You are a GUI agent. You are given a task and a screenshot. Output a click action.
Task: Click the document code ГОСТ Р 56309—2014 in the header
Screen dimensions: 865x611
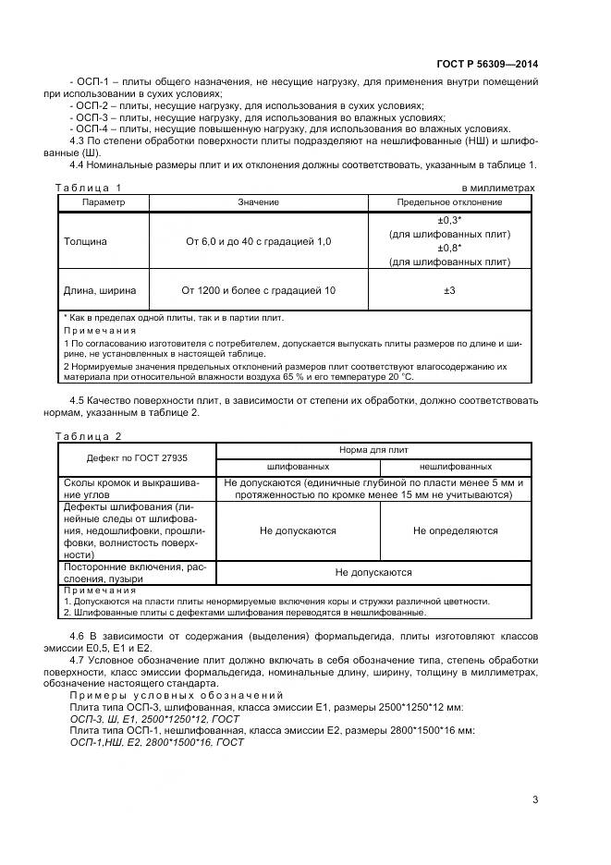pos(486,64)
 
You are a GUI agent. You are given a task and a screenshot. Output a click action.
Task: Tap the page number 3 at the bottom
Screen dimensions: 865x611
pos(534,799)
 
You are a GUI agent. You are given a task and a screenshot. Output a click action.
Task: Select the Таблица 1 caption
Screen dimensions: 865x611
pos(88,188)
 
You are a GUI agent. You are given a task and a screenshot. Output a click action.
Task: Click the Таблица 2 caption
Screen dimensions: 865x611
pos(88,435)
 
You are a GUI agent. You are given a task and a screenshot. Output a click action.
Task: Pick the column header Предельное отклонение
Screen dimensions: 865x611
pos(449,201)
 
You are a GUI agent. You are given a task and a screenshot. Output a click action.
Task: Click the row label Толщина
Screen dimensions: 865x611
pos(84,241)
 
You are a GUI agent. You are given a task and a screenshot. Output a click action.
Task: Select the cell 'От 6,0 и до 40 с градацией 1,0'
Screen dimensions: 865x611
pos(258,241)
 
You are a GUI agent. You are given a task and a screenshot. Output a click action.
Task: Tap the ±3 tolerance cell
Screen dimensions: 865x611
pos(449,290)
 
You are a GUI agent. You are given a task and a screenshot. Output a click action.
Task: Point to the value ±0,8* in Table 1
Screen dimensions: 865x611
pos(449,248)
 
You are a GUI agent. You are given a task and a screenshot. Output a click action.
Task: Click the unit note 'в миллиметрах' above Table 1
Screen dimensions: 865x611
pos(497,188)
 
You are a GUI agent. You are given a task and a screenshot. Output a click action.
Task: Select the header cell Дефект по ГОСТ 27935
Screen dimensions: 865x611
pos(136,457)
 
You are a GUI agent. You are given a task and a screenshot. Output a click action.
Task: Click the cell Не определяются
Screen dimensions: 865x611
pos(455,530)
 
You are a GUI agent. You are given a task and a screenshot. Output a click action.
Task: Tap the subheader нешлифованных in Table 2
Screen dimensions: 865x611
pos(455,467)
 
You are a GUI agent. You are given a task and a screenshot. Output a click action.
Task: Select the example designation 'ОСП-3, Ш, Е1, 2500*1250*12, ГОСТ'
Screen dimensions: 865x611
pos(155,718)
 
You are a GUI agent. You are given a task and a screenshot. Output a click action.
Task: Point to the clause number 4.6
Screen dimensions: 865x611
pos(78,637)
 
